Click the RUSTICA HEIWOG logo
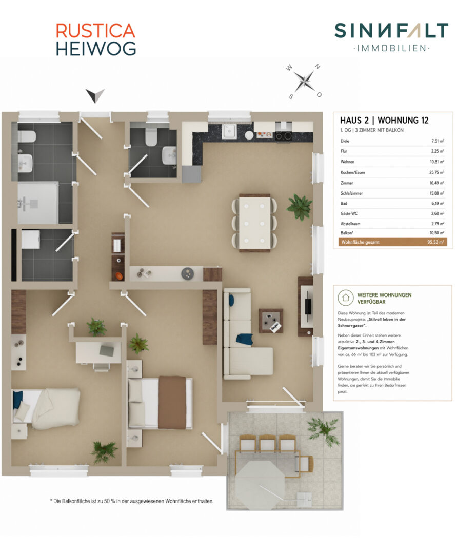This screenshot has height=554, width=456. coord(96,39)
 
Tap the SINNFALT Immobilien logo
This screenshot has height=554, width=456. coord(391,37)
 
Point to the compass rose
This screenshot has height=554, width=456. coord(304,81)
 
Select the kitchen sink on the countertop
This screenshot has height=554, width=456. coord(229,132)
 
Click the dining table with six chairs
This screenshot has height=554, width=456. coord(254,223)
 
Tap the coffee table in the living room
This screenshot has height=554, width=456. coord(271,321)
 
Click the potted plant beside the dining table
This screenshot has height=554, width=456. coord(300,207)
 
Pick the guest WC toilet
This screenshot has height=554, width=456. coord(151,136)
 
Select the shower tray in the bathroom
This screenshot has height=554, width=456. coord(38,203)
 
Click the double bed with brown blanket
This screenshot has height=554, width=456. coord(160,403)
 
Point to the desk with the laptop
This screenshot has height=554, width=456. coord(98,352)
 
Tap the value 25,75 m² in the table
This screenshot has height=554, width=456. coord(437,172)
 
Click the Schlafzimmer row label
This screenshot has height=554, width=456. coord(351,193)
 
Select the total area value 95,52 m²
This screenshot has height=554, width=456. coord(435,242)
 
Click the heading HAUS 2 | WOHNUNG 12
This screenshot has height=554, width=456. coord(384,121)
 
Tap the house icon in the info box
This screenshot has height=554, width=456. coord(345,298)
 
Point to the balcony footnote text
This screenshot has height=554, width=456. coord(132,501)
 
